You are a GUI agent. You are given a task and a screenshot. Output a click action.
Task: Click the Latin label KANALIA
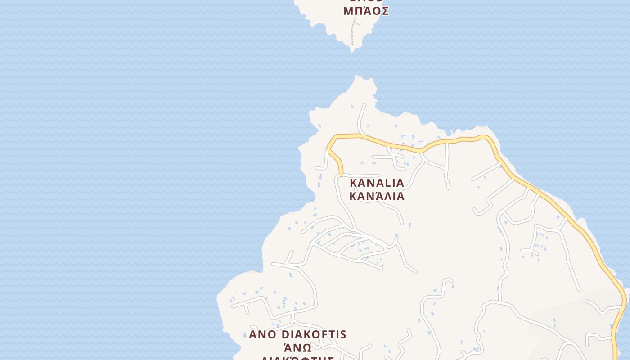click(377, 183)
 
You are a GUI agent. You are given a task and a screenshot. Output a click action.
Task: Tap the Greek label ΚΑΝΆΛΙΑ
click(377, 197)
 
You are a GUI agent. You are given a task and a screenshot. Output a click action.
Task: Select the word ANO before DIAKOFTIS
click(263, 335)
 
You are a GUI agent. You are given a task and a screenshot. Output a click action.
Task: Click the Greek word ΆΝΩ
click(297, 348)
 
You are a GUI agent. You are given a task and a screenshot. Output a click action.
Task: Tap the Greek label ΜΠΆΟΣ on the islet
click(366, 11)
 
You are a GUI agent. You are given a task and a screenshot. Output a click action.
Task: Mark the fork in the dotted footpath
click(355, 22)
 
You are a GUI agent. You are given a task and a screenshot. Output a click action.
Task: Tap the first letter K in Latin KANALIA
click(353, 183)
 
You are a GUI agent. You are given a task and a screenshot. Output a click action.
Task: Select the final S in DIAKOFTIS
click(343, 335)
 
